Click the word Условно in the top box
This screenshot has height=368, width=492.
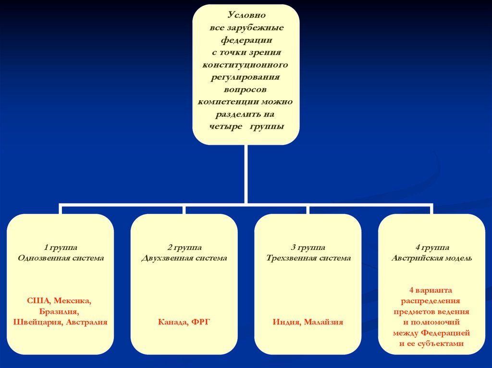pos(246,15)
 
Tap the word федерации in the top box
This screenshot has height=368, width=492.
pos(246,40)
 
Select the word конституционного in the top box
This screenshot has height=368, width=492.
pos(246,65)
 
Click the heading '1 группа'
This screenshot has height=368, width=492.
pos(61,248)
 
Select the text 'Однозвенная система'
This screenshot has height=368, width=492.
pos(61,258)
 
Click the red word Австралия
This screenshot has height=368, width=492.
pos(86,322)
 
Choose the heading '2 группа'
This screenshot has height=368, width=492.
pos(184,248)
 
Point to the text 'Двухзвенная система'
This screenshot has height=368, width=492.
pos(184,258)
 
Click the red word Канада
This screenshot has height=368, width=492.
pos(172,322)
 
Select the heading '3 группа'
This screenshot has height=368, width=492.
pos(308,248)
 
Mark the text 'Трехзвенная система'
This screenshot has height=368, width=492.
pos(308,258)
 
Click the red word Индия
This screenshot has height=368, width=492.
pos(287,322)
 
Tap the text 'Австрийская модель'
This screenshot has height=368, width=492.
pos(431,258)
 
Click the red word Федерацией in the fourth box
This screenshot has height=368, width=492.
pos(444,333)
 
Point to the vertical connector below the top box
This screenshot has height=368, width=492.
pos(246,173)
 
